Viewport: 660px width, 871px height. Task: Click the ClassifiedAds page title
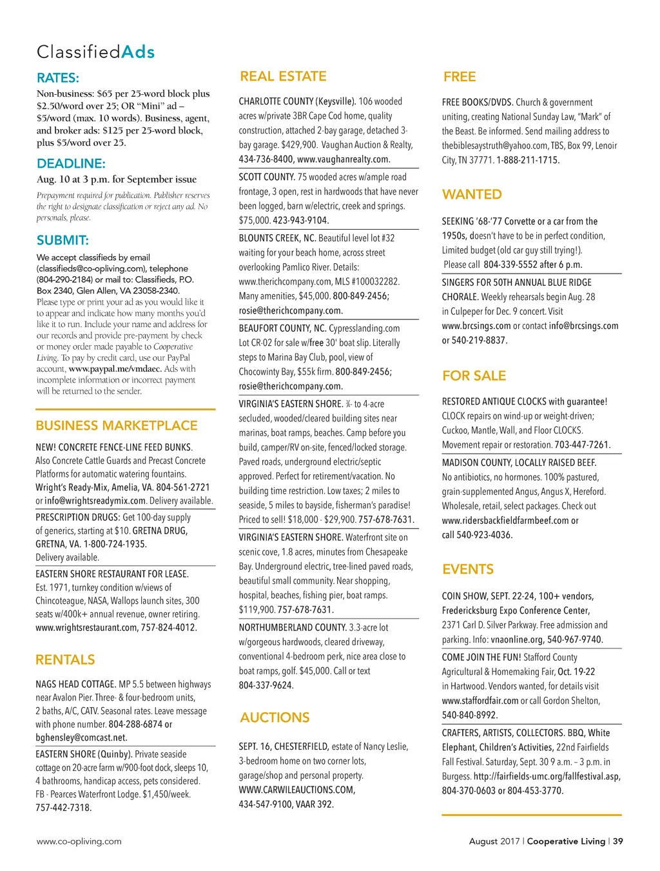tap(95, 52)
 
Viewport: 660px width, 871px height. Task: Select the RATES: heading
tap(58, 78)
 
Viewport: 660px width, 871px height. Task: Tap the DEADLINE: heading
tap(71, 163)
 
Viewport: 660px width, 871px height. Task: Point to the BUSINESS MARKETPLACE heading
tap(117, 426)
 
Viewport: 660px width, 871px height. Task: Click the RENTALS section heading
tap(65, 659)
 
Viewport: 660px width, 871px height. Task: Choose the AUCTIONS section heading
tap(275, 717)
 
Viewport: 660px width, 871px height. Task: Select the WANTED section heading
tap(472, 194)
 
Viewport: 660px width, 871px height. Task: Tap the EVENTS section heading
tap(468, 569)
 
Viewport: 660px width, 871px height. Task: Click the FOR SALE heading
tap(474, 375)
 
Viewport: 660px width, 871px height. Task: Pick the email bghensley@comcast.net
tap(81, 737)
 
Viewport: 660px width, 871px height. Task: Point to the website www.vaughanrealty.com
tap(344, 159)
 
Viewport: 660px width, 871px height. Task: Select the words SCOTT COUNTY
tap(267, 177)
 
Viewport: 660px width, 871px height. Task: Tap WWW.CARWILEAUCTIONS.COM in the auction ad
tap(296, 790)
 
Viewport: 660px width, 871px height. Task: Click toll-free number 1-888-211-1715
tap(528, 160)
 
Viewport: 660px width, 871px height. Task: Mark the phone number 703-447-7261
tap(582, 445)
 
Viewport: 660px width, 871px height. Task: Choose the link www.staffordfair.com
tap(480, 701)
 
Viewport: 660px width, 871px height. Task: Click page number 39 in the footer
tap(618, 841)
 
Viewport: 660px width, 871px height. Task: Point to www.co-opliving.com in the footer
tap(79, 841)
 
